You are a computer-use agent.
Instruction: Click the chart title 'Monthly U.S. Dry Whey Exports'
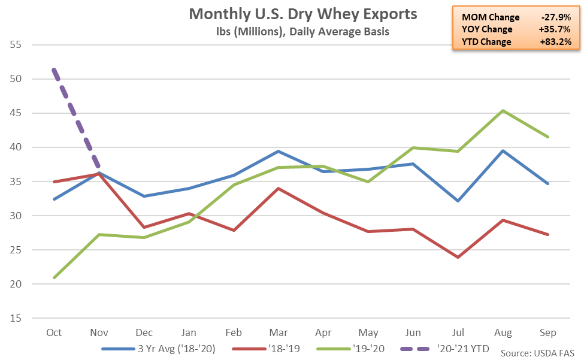coord(303,14)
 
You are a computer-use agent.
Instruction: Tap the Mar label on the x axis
coord(278,332)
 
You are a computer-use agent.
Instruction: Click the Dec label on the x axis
coord(143,332)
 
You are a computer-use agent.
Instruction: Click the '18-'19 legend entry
coord(268,347)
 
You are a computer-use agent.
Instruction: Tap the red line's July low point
coord(458,257)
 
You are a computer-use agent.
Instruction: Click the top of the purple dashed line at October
coord(54,70)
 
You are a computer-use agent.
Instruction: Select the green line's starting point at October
coord(54,278)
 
